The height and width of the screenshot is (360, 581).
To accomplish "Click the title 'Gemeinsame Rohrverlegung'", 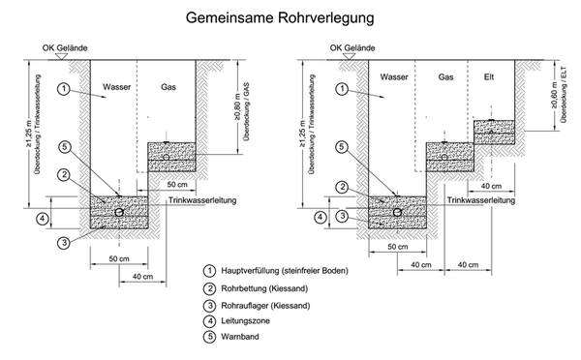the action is pos(280,17).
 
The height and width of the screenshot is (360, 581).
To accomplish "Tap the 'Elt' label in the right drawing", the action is pos(489,77).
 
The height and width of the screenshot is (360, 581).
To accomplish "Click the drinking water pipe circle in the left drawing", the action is pos(119,212).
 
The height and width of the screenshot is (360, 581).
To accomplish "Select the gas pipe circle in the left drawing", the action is pos(166,158).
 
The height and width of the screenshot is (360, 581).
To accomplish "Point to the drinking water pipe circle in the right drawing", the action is pos(398,212).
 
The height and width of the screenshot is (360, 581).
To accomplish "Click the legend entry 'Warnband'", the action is pos(240,337).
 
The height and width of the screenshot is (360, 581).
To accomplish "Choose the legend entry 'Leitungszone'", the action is pos(245,320).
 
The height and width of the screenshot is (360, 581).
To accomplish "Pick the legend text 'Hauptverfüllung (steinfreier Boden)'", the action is pos(285,271).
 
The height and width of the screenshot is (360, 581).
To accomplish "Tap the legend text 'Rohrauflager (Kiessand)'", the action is pos(265,306).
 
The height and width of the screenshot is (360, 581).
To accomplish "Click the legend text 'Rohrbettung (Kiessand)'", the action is pos(264,288).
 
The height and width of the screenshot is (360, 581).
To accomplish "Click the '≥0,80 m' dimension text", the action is pos(238,106).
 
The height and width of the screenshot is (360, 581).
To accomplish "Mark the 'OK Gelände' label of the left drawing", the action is pos(65,47).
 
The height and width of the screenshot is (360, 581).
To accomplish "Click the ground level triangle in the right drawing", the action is pos(349,56).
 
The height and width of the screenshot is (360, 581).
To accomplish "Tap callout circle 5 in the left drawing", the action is pos(65,147).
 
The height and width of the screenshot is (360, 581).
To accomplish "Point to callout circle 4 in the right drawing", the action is pos(321,217).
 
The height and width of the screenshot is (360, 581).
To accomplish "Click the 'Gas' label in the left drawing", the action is pos(168,87).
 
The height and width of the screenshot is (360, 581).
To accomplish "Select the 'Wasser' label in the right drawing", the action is pos(394,77).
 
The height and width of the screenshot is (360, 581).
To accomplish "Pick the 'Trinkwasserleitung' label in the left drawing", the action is pos(202,200).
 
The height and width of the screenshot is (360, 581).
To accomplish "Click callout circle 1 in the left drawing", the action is pos(64,89).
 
